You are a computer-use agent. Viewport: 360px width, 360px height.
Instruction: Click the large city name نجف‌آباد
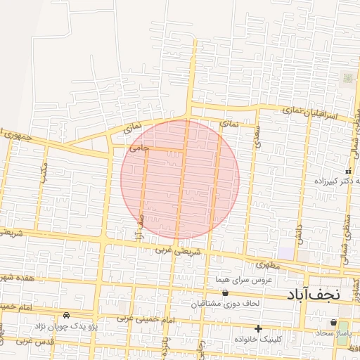313,295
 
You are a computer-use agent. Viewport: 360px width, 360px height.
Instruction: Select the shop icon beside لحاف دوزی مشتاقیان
225,293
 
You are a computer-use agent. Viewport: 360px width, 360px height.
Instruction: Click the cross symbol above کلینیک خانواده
259,328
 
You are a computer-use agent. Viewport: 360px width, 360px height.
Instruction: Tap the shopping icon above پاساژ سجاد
333,322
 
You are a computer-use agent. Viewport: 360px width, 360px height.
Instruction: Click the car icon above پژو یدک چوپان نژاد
66,315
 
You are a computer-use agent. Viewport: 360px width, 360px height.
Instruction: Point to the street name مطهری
268,265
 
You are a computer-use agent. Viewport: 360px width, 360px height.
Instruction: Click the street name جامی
139,148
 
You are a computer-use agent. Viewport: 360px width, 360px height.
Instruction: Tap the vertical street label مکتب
44,172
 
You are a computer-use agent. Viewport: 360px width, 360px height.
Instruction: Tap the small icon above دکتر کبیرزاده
347,171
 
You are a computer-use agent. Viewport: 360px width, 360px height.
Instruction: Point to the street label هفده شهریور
19,278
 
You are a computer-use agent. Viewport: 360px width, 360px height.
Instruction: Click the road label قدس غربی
15,341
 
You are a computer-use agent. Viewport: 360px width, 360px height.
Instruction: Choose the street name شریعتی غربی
179,250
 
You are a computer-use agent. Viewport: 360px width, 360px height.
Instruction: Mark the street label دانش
299,233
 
